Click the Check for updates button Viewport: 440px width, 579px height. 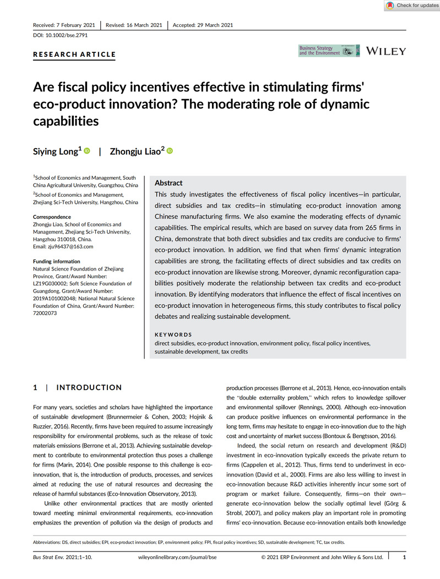[411, 6]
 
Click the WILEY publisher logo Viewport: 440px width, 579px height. [386, 51]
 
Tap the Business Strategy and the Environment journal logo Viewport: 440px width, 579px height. [329, 51]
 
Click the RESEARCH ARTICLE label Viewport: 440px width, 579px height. [74, 55]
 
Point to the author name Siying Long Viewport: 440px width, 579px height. [57, 151]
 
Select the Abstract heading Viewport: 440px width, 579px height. [169, 183]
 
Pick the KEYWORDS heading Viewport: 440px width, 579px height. [173, 334]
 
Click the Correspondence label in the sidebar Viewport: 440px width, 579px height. [52, 217]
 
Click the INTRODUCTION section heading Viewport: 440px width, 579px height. [89, 388]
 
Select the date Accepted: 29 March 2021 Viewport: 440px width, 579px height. [203, 25]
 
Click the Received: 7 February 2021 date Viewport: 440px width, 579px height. [64, 25]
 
